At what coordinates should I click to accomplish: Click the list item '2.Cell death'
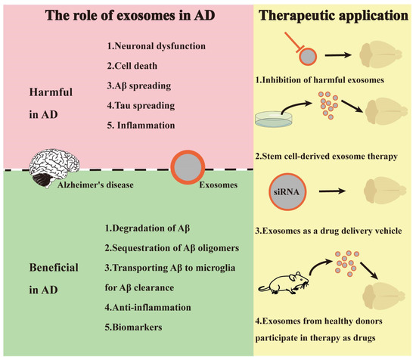pyautogui.click(x=131, y=67)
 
